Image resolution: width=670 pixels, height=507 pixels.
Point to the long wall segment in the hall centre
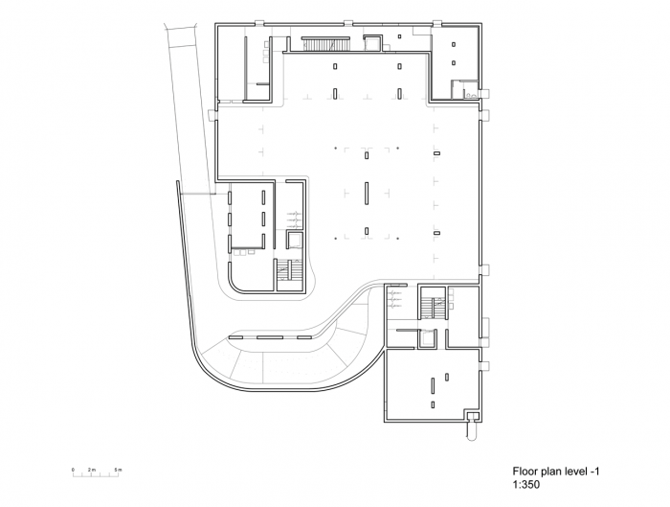[366, 192]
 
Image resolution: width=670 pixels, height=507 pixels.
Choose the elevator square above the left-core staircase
[295, 241]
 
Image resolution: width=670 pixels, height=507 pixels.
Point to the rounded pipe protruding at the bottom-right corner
[469, 430]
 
